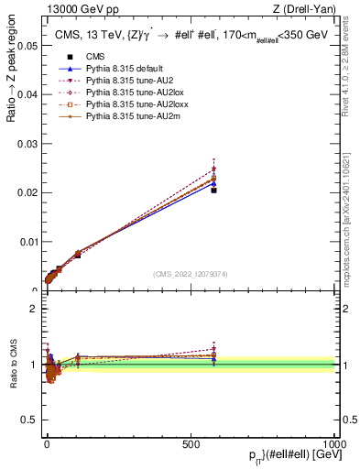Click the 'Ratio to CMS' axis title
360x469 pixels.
pyautogui.click(x=13, y=365)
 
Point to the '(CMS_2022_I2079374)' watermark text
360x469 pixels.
pyautogui.click(x=190, y=273)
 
